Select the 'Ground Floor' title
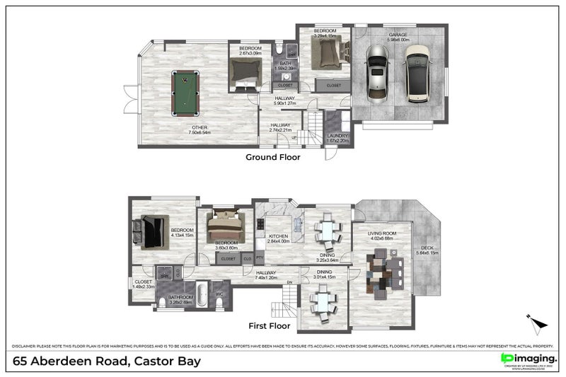[272, 157]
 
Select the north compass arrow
[538, 323]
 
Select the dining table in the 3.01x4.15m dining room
[323, 303]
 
